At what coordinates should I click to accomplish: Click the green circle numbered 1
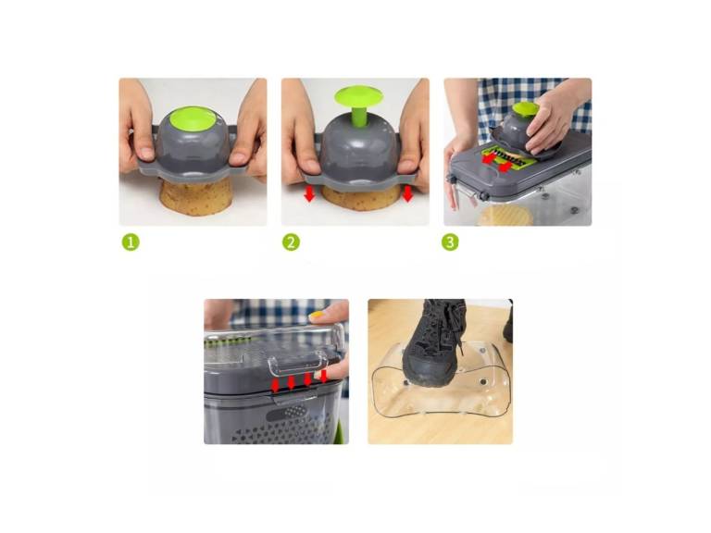coord(131,242)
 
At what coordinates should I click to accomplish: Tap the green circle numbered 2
coord(292,242)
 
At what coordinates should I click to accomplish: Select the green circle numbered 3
coord(451,242)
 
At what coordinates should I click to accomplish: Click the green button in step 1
coord(193,120)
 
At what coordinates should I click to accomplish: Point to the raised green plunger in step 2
coord(355,96)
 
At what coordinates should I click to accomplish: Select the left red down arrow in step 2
coord(309,194)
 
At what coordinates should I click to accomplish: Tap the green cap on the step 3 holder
coord(525,108)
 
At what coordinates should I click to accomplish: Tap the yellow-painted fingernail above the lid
coord(318,316)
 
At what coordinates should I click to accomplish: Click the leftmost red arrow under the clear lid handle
coord(275,383)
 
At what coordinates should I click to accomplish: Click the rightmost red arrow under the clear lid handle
coord(323,376)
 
